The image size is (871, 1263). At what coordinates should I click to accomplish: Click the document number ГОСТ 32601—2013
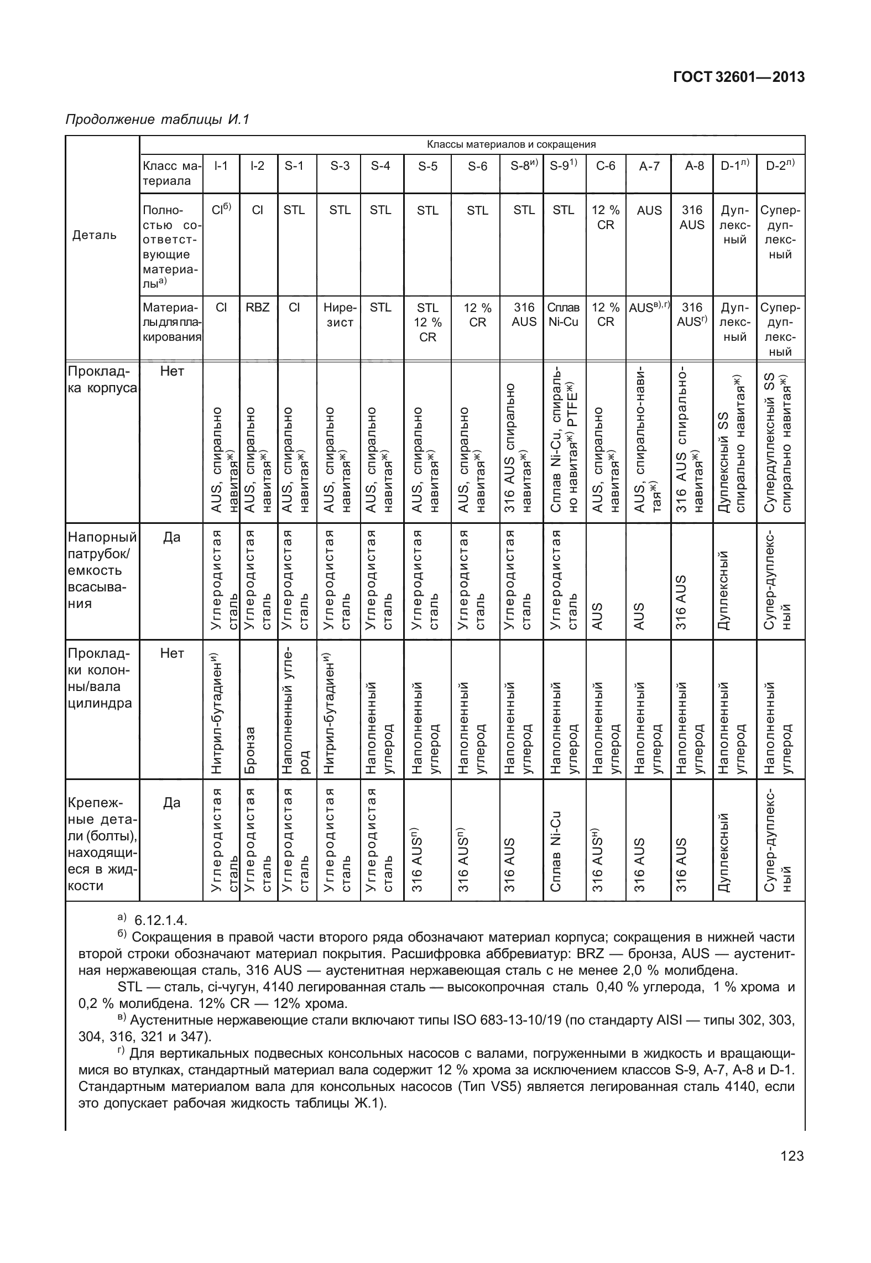coord(738,77)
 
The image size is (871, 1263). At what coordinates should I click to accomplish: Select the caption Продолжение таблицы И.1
coord(158,119)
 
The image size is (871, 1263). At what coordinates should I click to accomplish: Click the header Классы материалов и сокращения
coord(511,144)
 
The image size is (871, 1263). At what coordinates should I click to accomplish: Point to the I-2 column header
coord(257,166)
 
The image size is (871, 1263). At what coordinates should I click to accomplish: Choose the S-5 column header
coord(427,166)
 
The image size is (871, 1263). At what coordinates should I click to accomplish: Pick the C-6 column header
coord(606,166)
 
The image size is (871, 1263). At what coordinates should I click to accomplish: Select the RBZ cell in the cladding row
coord(257,308)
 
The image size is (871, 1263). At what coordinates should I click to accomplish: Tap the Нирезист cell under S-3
coord(340,315)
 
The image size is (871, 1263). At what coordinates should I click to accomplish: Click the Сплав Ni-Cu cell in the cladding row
coord(564,315)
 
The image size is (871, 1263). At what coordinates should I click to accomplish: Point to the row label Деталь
coord(95,235)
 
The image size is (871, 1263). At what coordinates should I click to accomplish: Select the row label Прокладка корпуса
coord(101,380)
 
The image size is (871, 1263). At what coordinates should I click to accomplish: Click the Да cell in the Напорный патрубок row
coord(171,537)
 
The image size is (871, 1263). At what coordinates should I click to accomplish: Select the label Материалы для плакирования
coord(171,322)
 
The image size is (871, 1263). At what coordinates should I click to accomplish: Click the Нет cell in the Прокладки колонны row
coord(171,654)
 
